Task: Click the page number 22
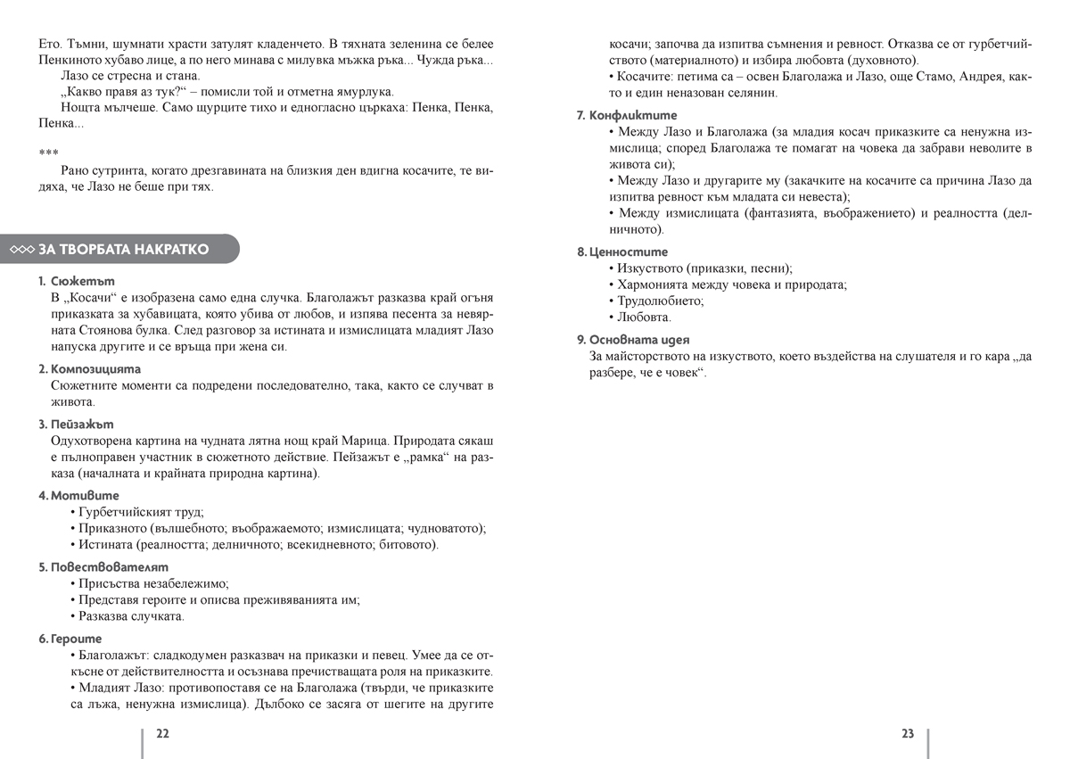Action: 162,734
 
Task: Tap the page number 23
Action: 908,734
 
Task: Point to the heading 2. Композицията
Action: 89,368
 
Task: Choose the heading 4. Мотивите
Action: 78,495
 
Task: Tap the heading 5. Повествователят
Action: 103,566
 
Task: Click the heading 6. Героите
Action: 70,639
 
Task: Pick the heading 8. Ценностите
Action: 622,252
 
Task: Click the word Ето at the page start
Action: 49,44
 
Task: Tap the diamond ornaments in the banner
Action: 21,250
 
